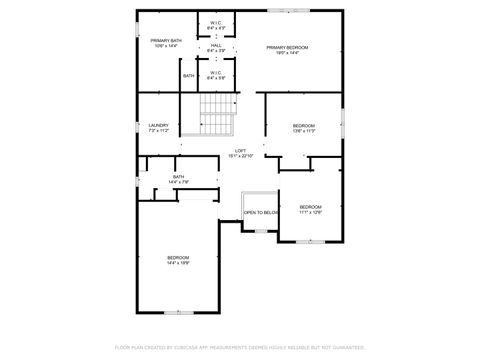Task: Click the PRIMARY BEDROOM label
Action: pyautogui.click(x=287, y=47)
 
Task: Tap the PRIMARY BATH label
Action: pyautogui.click(x=166, y=40)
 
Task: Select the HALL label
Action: pyautogui.click(x=216, y=45)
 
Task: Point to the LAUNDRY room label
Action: pyautogui.click(x=159, y=125)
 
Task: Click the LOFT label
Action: pyautogui.click(x=241, y=150)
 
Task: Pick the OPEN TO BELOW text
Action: pyautogui.click(x=261, y=212)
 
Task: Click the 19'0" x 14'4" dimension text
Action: pyautogui.click(x=287, y=53)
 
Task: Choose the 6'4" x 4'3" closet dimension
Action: pyautogui.click(x=216, y=27)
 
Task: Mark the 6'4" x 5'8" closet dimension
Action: pyautogui.click(x=216, y=78)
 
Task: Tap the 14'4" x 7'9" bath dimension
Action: pyautogui.click(x=178, y=182)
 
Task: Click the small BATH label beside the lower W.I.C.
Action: pyautogui.click(x=188, y=76)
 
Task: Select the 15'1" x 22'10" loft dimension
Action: pyautogui.click(x=241, y=156)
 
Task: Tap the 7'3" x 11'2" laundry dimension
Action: pyautogui.click(x=159, y=131)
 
